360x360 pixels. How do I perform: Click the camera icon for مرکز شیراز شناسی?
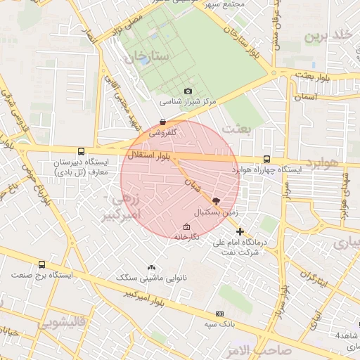pyautogui.click(x=188, y=91)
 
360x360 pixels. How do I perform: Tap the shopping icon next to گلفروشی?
pyautogui.click(x=163, y=122)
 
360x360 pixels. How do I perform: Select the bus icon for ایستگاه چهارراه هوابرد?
pyautogui.click(x=266, y=160)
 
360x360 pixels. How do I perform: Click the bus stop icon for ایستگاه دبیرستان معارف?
pyautogui.click(x=82, y=151)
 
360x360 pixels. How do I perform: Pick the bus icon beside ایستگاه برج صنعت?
pyautogui.click(x=42, y=264)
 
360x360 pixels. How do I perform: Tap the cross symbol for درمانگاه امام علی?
pyautogui.click(x=240, y=231)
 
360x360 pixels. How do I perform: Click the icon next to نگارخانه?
pyautogui.click(x=186, y=226)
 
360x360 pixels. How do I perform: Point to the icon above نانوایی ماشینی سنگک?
pyautogui.click(x=151, y=267)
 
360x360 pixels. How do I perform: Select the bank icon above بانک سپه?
pyautogui.click(x=219, y=314)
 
